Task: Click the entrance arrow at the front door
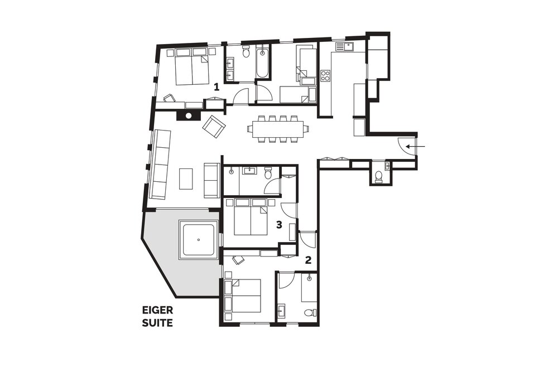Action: (x=416, y=146)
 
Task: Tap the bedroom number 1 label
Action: (x=216, y=86)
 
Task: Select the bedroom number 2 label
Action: (x=308, y=260)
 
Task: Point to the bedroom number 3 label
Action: (x=279, y=225)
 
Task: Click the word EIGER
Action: (x=158, y=310)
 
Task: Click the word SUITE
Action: (x=158, y=323)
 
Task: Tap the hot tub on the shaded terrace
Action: (x=199, y=240)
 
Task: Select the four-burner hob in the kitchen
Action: (x=325, y=76)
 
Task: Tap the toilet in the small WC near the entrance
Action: (x=379, y=176)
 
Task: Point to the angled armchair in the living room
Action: (x=213, y=126)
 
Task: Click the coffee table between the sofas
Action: (x=186, y=179)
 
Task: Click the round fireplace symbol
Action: (x=189, y=115)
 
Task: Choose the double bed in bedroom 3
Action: (x=251, y=217)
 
